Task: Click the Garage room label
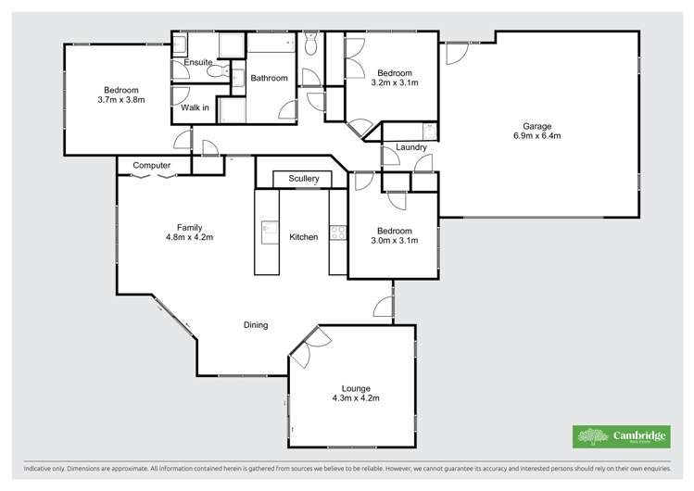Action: [536, 126]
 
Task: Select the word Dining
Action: [256, 325]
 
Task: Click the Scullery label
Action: [303, 178]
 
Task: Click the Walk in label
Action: [195, 108]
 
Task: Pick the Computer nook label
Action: [152, 165]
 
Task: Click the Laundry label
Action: [410, 147]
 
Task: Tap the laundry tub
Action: [428, 130]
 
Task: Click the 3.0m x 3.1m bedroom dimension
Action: [395, 240]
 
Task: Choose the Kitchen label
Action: [303, 237]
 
